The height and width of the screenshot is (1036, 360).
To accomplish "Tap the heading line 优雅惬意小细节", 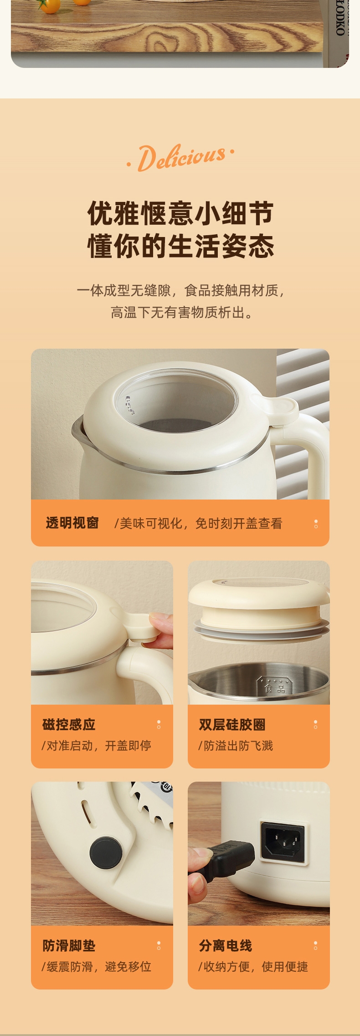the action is click(x=180, y=213).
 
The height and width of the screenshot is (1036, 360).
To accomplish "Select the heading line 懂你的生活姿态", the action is click(x=180, y=246).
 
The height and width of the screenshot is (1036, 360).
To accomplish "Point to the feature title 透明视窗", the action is click(x=72, y=523).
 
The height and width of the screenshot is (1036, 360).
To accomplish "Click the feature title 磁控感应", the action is click(x=69, y=724).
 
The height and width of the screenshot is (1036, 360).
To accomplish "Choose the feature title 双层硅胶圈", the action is click(x=232, y=724).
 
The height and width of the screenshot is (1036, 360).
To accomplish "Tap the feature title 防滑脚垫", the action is click(x=69, y=945).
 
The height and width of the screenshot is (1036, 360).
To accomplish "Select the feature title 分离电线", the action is click(x=225, y=945).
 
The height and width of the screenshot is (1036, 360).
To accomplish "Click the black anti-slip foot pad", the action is click(x=106, y=852).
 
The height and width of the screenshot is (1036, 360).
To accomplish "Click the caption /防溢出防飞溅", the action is click(x=235, y=746).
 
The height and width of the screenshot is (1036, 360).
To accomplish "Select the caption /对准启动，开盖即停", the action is click(x=96, y=746).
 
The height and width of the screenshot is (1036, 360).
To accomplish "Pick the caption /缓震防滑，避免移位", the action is click(x=96, y=967).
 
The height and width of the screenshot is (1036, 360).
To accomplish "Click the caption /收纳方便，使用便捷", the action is click(x=253, y=967).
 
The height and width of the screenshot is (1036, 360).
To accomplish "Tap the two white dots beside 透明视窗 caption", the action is click(x=316, y=524).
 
